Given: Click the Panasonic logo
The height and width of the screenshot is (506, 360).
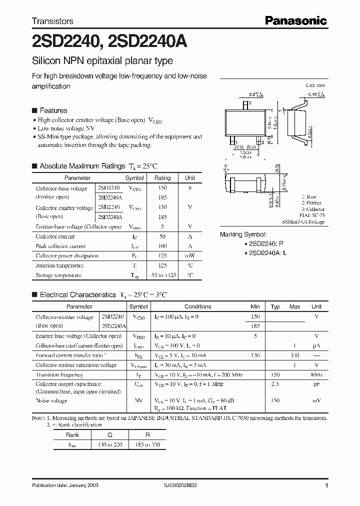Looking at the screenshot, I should pos(295,20).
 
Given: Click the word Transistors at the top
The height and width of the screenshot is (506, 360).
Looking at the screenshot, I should pos(52,21).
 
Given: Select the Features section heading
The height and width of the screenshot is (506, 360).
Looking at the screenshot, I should pos(53,110).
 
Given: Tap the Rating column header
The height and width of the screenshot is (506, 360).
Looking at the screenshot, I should pos(162,178).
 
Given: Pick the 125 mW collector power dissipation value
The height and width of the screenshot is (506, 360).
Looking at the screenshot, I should pos(162,256).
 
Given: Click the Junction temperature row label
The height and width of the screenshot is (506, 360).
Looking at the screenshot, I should pos(59,265).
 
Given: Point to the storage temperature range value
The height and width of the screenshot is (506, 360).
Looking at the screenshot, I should pos(162,275).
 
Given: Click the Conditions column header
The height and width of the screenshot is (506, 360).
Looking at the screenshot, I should pos(198,307).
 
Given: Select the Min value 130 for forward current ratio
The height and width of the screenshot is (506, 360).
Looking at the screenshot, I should pos(255,355).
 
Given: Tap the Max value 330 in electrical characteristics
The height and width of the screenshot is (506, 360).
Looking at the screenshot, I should pos(295,355).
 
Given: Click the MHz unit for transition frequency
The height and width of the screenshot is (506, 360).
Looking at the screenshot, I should pos(316,375).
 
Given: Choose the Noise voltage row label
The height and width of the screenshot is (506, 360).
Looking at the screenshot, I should pos(51,401).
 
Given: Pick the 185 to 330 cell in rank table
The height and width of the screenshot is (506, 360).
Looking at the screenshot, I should pos(147,444).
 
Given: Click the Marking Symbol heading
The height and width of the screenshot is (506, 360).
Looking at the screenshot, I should pos(243,234).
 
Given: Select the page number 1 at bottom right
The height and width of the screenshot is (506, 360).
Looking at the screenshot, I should pos(326,486).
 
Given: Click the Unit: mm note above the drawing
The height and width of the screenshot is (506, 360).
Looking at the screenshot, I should pos(315,85).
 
